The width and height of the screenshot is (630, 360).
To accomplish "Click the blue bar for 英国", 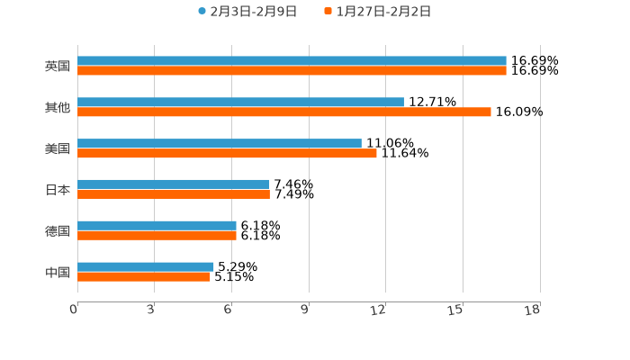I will coord(292,61).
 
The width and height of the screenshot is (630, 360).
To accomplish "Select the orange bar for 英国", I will coord(292,70).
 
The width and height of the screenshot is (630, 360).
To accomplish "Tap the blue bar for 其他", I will coord(240,103).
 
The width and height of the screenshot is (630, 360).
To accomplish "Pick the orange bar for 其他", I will coord(284,112).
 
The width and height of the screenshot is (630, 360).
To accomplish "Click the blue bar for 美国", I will coord(220,144).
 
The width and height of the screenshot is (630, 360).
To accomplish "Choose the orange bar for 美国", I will coord(227,154).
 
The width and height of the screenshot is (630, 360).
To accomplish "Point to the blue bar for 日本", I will coord(174,184).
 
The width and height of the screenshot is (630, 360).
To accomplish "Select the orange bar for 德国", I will coord(157,236).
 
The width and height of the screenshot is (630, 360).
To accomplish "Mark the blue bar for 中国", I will coord(146,266).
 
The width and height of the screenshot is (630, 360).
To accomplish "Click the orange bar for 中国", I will coord(144,276).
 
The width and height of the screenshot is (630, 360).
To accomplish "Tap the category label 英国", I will coord(58,66).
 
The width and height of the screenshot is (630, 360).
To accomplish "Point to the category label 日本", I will coord(58,190).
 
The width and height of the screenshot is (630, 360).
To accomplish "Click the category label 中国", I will coord(58,272).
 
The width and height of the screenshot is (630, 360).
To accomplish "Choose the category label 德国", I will coord(58,230).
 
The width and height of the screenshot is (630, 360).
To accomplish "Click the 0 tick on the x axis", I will coord(75,310).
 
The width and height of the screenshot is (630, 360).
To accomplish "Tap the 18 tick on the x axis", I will coord(533,310).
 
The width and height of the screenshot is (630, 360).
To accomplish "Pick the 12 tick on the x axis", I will coord(379,310).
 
